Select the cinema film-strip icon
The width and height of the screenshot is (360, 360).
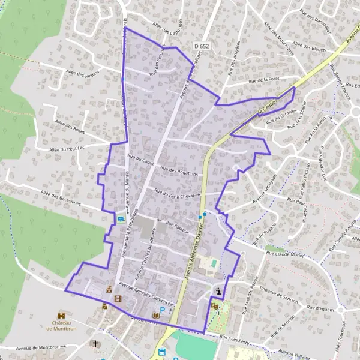coord(118,298)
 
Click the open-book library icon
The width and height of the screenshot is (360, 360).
coord(156,316)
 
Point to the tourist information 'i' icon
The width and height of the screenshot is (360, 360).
coord(219,292)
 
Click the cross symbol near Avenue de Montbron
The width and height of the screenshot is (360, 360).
coord(94,344)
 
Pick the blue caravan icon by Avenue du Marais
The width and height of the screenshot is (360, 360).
coord(121,220)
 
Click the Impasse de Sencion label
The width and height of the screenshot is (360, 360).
coord(279,290)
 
